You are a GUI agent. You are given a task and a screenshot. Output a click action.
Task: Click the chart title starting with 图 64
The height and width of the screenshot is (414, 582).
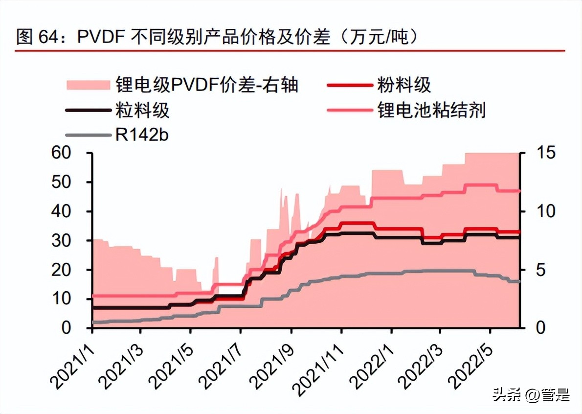click(x=217, y=37)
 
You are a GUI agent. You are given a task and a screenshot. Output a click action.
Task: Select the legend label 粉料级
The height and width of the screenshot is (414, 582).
click(x=403, y=85)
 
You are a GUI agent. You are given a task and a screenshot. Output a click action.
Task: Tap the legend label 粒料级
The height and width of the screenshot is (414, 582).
click(x=142, y=110)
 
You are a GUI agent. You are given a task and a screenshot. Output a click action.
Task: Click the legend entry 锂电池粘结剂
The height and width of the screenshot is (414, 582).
click(x=431, y=110)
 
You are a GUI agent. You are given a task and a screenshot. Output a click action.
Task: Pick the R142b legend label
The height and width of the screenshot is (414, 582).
click(x=142, y=135)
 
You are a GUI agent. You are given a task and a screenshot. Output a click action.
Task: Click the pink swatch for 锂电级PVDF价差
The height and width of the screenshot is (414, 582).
click(x=88, y=85)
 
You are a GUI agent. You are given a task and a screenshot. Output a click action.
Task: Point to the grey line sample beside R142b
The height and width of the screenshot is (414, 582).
click(x=88, y=135)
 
